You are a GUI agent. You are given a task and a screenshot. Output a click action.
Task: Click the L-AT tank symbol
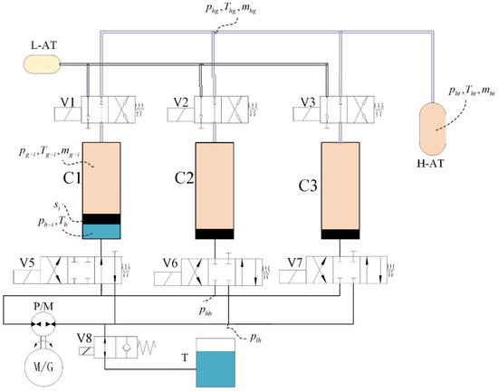tap(42, 64)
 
